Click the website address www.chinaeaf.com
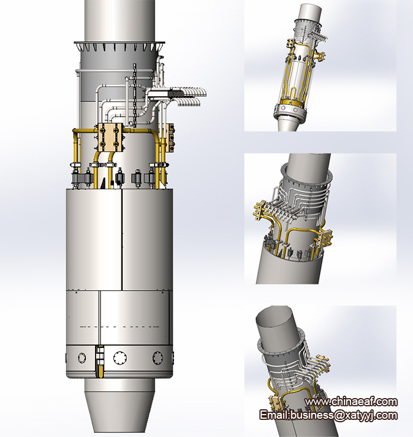(x=351, y=402)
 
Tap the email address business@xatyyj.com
(x=343, y=415)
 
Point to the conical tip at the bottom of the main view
(x=119, y=410)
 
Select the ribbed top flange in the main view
(x=119, y=46)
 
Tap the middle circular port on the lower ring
(x=120, y=357)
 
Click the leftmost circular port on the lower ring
(x=81, y=357)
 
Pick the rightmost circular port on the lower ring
(x=158, y=357)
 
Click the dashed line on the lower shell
(x=120, y=327)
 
